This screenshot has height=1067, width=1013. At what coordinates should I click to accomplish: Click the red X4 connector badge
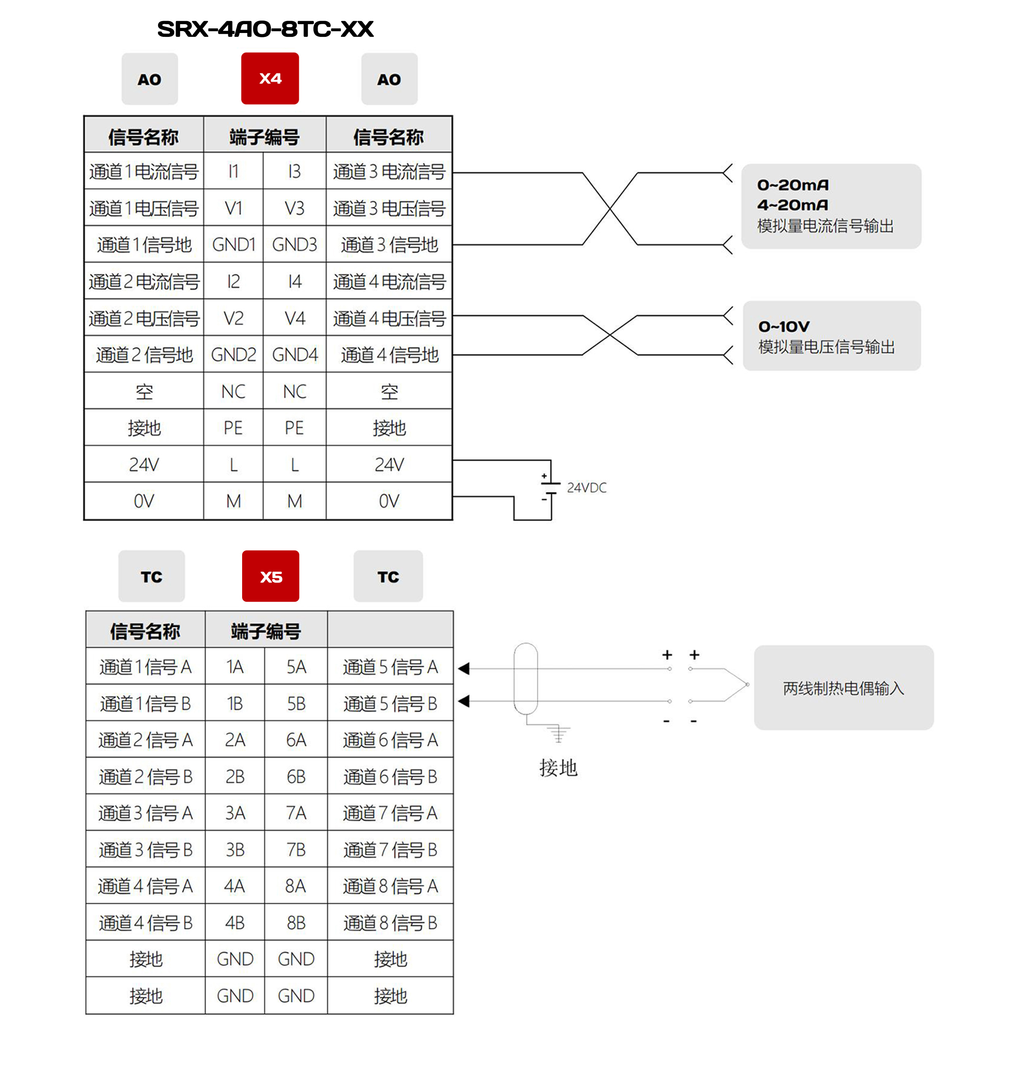pos(270,78)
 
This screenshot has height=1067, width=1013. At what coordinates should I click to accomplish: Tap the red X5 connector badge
pos(271,576)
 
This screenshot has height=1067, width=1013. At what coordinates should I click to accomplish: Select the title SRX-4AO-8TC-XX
pos(265,29)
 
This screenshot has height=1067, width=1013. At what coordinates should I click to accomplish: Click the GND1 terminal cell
pos(233,245)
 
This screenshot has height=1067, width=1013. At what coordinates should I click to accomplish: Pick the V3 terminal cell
pos(294,208)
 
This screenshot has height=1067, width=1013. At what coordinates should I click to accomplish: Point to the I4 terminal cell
pos(294,281)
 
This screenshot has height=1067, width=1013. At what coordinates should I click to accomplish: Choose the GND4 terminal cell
pos(294,355)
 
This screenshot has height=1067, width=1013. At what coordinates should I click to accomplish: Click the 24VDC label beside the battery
pos(586,488)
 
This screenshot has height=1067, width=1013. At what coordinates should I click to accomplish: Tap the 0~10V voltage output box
pos(832,335)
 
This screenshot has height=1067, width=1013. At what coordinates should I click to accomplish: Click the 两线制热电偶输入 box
pos(843,688)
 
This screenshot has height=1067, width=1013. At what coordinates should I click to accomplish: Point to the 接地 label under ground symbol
pos(558,767)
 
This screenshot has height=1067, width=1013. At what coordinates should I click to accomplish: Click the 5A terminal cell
pos(296,667)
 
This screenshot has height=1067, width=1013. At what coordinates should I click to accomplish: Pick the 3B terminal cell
pos(235,850)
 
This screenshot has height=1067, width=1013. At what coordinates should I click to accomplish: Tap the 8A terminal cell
pos(296,886)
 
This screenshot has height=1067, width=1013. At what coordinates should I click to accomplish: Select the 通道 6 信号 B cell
pos(390,777)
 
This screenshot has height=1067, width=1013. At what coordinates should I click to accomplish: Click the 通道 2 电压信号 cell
pos(144,318)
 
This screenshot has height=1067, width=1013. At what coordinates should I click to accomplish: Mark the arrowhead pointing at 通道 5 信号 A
pos(463,668)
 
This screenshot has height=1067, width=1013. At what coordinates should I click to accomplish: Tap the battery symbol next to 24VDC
pos(550,489)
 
